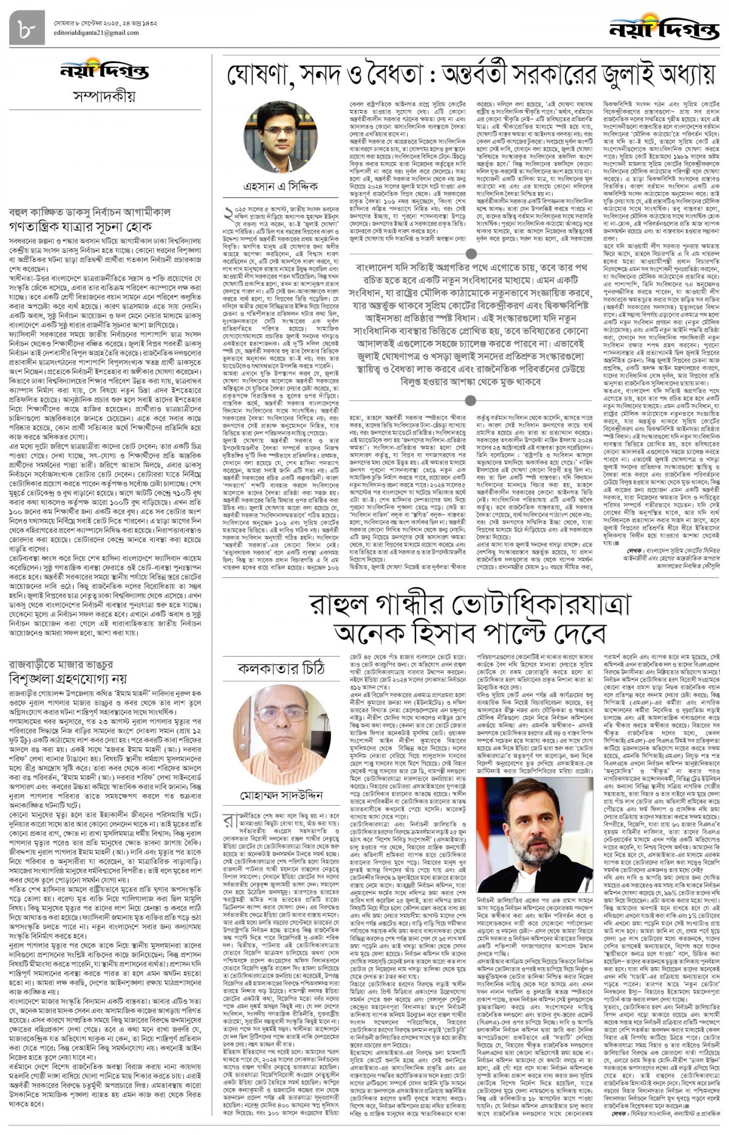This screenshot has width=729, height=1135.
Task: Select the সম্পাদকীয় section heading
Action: pyautogui.click(x=104, y=96)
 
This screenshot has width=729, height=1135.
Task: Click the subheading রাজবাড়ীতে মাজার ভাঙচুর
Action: pyautogui.click(x=61, y=664)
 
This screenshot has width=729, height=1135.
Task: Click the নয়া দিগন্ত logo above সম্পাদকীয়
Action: pyautogui.click(x=104, y=72)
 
